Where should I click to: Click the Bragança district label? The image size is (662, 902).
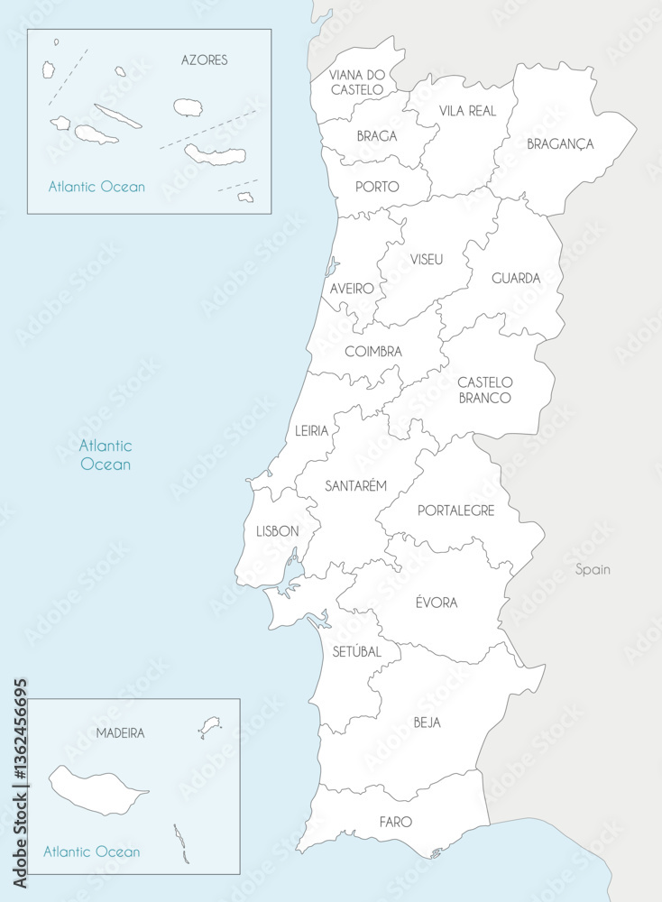coord(560,143)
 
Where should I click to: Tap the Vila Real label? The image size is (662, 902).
coord(467,110)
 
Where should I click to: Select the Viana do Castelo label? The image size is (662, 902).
coord(356,82)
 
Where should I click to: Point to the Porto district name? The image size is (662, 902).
coord(378,187)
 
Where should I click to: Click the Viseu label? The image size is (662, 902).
coord(427,259)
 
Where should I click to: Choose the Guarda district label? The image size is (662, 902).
coord(516,279)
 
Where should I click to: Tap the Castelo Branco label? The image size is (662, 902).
coord(484,390)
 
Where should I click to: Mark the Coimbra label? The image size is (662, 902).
coord(373,352)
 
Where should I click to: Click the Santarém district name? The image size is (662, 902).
coord(355,485)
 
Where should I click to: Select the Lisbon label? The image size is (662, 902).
coord(277,531)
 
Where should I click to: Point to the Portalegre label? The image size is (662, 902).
coord(455,511)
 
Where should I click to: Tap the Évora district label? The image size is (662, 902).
coord(436,603)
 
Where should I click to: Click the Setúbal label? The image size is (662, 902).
coord(356,651)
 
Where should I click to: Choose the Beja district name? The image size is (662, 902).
coord(428,723)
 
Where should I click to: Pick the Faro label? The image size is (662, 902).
coord(396,822)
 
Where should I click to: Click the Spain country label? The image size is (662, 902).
coord(593,569)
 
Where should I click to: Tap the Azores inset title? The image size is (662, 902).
coord(204,60)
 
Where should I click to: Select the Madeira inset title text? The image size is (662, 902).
coord(120,733)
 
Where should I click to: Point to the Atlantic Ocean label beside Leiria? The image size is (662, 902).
coord(105,455)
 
